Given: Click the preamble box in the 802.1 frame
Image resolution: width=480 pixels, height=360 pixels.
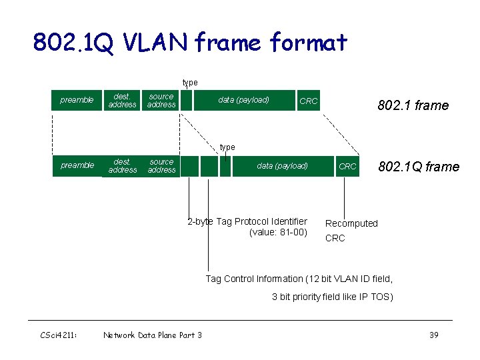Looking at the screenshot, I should point(77,100).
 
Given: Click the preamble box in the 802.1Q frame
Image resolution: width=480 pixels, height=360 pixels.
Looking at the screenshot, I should point(77,165).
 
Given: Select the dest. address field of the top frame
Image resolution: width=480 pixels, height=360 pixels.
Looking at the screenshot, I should point(122,100).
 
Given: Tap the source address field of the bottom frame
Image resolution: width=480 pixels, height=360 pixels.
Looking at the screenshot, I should point(161,166).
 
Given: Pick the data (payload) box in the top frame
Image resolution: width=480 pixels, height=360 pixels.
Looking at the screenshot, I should point(244,100).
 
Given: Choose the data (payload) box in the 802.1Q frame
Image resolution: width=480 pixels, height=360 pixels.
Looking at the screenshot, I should point(283,166).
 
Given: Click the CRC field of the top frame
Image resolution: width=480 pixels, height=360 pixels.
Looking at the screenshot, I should point(309,101).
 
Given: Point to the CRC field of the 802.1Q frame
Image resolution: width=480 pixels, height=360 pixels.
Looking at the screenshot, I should point(347,167).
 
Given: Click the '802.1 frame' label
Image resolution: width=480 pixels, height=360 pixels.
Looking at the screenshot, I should point(413,105).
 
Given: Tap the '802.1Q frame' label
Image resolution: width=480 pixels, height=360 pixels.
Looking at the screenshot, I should point(419,167).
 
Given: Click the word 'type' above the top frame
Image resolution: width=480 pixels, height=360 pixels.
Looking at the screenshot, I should point(190,83).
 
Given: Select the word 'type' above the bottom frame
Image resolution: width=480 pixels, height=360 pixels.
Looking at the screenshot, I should point(227,147).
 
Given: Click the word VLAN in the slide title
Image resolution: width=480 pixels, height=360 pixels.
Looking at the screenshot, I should point(157,43).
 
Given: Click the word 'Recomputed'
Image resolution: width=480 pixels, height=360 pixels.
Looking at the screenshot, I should point(351,223).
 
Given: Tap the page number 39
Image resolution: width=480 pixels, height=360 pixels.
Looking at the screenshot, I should point(433,335).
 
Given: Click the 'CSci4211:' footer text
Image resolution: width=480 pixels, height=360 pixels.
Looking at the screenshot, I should point(59,335).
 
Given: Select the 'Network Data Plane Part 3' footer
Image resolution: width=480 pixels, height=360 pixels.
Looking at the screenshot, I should point(153,335).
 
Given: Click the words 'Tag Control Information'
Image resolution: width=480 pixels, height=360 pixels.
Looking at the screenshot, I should point(253,279).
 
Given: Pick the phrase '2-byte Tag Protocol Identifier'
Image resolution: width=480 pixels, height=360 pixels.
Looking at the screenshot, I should point(247,221).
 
